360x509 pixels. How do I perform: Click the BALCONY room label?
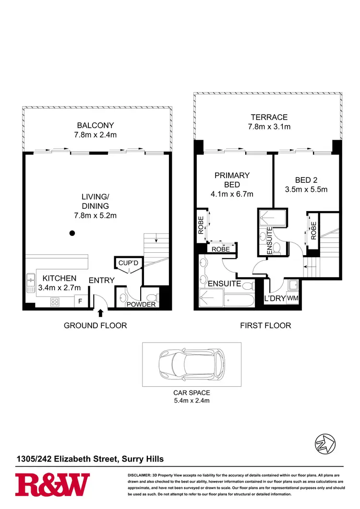click(96, 125)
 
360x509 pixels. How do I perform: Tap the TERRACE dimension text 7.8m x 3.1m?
click(269, 127)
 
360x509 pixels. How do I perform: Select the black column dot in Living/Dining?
click(72, 234)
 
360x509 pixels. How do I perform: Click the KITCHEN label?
click(60, 278)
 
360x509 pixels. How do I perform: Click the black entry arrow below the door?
click(100, 313)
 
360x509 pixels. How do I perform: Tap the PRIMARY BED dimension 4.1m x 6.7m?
click(232, 194)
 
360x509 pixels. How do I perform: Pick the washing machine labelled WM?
click(292, 298)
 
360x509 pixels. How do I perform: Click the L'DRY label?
click(276, 298)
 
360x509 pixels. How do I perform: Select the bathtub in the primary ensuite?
click(235, 301)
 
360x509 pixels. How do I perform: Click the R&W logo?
click(52, 484)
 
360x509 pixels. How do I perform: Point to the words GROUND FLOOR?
click(96, 325)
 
